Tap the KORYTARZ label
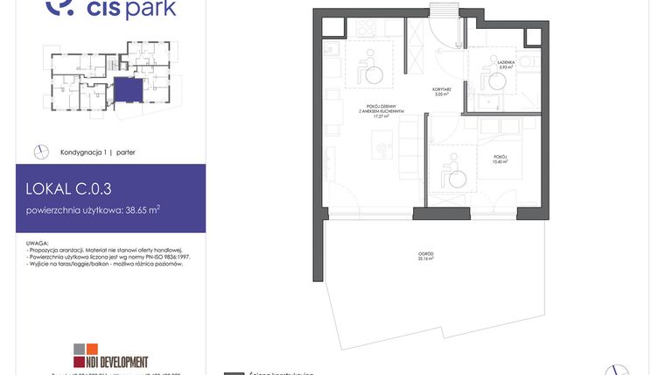coord(441,92)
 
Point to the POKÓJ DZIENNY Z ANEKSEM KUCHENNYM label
coord(372,112)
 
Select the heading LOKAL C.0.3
coord(68,187)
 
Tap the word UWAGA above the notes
coord(38,242)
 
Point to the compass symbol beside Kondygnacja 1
coord(39,152)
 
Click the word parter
coord(125,152)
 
